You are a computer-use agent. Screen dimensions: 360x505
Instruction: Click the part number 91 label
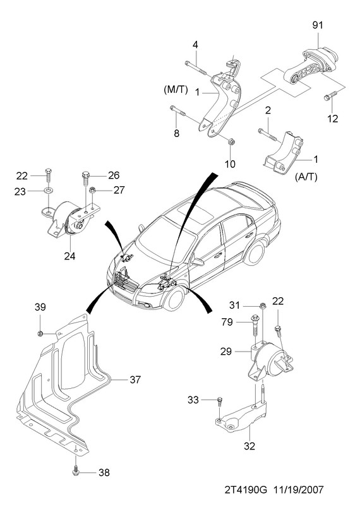(318, 25)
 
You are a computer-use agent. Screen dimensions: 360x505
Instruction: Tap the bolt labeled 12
(331, 95)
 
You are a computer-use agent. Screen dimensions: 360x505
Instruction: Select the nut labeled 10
(231, 141)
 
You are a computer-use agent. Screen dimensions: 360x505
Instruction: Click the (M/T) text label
(176, 90)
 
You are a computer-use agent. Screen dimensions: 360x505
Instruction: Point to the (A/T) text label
(306, 177)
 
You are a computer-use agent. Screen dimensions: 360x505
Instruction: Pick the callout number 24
(69, 256)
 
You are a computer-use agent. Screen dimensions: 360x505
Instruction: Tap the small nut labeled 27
(92, 191)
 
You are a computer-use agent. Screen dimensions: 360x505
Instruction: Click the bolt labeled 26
(85, 178)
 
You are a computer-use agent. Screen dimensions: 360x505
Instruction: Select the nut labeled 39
(40, 333)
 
